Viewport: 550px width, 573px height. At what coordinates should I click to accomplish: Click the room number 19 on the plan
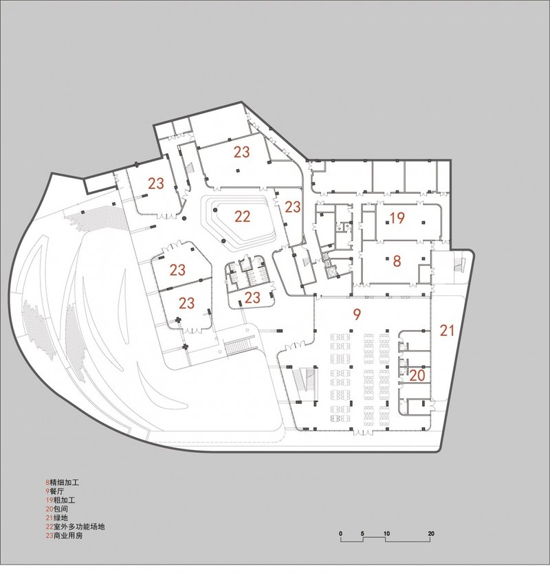(397, 219)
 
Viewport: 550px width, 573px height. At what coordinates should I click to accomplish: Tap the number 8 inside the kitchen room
(397, 261)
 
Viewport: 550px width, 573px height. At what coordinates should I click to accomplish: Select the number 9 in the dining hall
(357, 315)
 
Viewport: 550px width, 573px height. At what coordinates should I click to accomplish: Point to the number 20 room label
(417, 376)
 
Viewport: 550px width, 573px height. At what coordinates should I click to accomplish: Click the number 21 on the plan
(448, 331)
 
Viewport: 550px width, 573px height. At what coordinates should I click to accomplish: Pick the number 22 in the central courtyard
(242, 217)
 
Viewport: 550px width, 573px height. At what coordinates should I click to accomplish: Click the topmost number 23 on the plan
(241, 152)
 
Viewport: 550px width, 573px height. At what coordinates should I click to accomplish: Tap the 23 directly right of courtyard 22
(293, 206)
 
